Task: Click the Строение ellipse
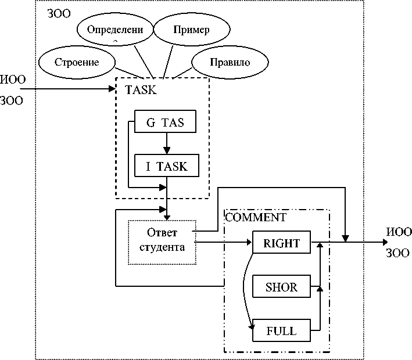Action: coord(76,62)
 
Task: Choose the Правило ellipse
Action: coord(230,62)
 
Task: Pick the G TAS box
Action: coord(164,123)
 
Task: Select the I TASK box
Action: coord(167,166)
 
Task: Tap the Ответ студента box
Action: coord(162,242)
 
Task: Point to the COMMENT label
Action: coord(256,218)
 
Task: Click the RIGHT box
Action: coord(281,243)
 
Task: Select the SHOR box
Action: coord(281,287)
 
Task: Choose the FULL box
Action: coord(281,332)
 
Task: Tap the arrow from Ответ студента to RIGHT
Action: coord(224,243)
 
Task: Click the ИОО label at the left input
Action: coord(13,80)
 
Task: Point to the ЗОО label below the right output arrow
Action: coord(398,253)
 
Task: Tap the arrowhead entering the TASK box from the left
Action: coord(113,89)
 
